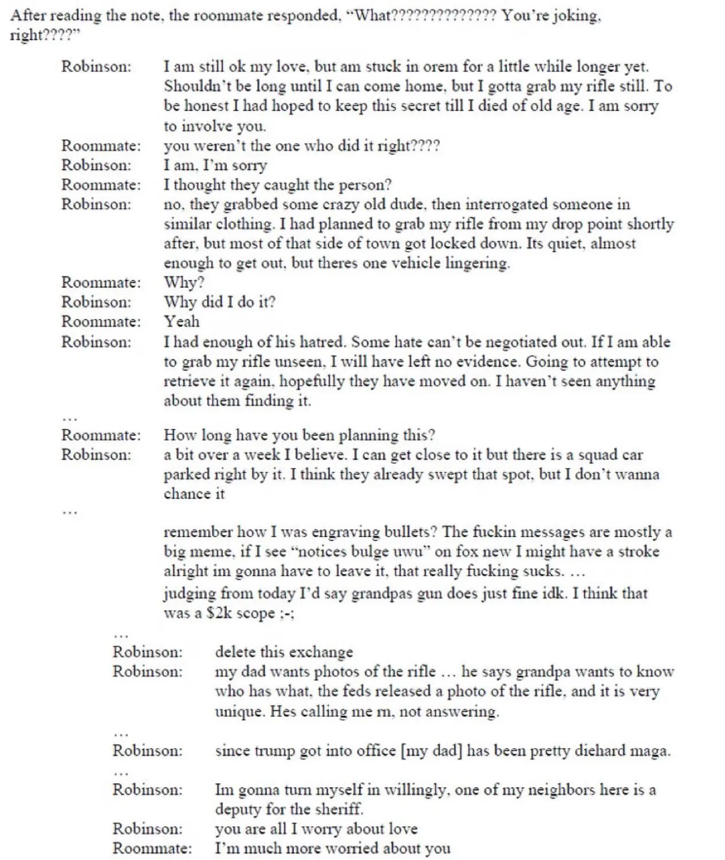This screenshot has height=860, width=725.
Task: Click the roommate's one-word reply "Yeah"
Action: tap(182, 321)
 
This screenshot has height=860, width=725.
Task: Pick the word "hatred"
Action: tap(323, 342)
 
